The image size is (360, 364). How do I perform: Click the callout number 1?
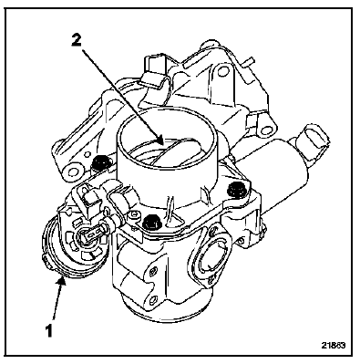point(49,330)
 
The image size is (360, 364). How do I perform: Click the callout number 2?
point(77,40)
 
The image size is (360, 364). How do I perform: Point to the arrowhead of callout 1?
point(62,280)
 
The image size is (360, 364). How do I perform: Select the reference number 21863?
point(333,346)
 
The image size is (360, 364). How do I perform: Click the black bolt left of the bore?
point(101,162)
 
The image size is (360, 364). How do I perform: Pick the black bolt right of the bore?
point(236,190)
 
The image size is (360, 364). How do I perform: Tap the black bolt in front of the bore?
point(151,223)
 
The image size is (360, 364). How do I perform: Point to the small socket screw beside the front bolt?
point(134,216)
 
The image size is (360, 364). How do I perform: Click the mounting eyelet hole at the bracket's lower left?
point(73,172)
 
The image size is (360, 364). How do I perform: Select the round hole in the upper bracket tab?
point(223,72)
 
